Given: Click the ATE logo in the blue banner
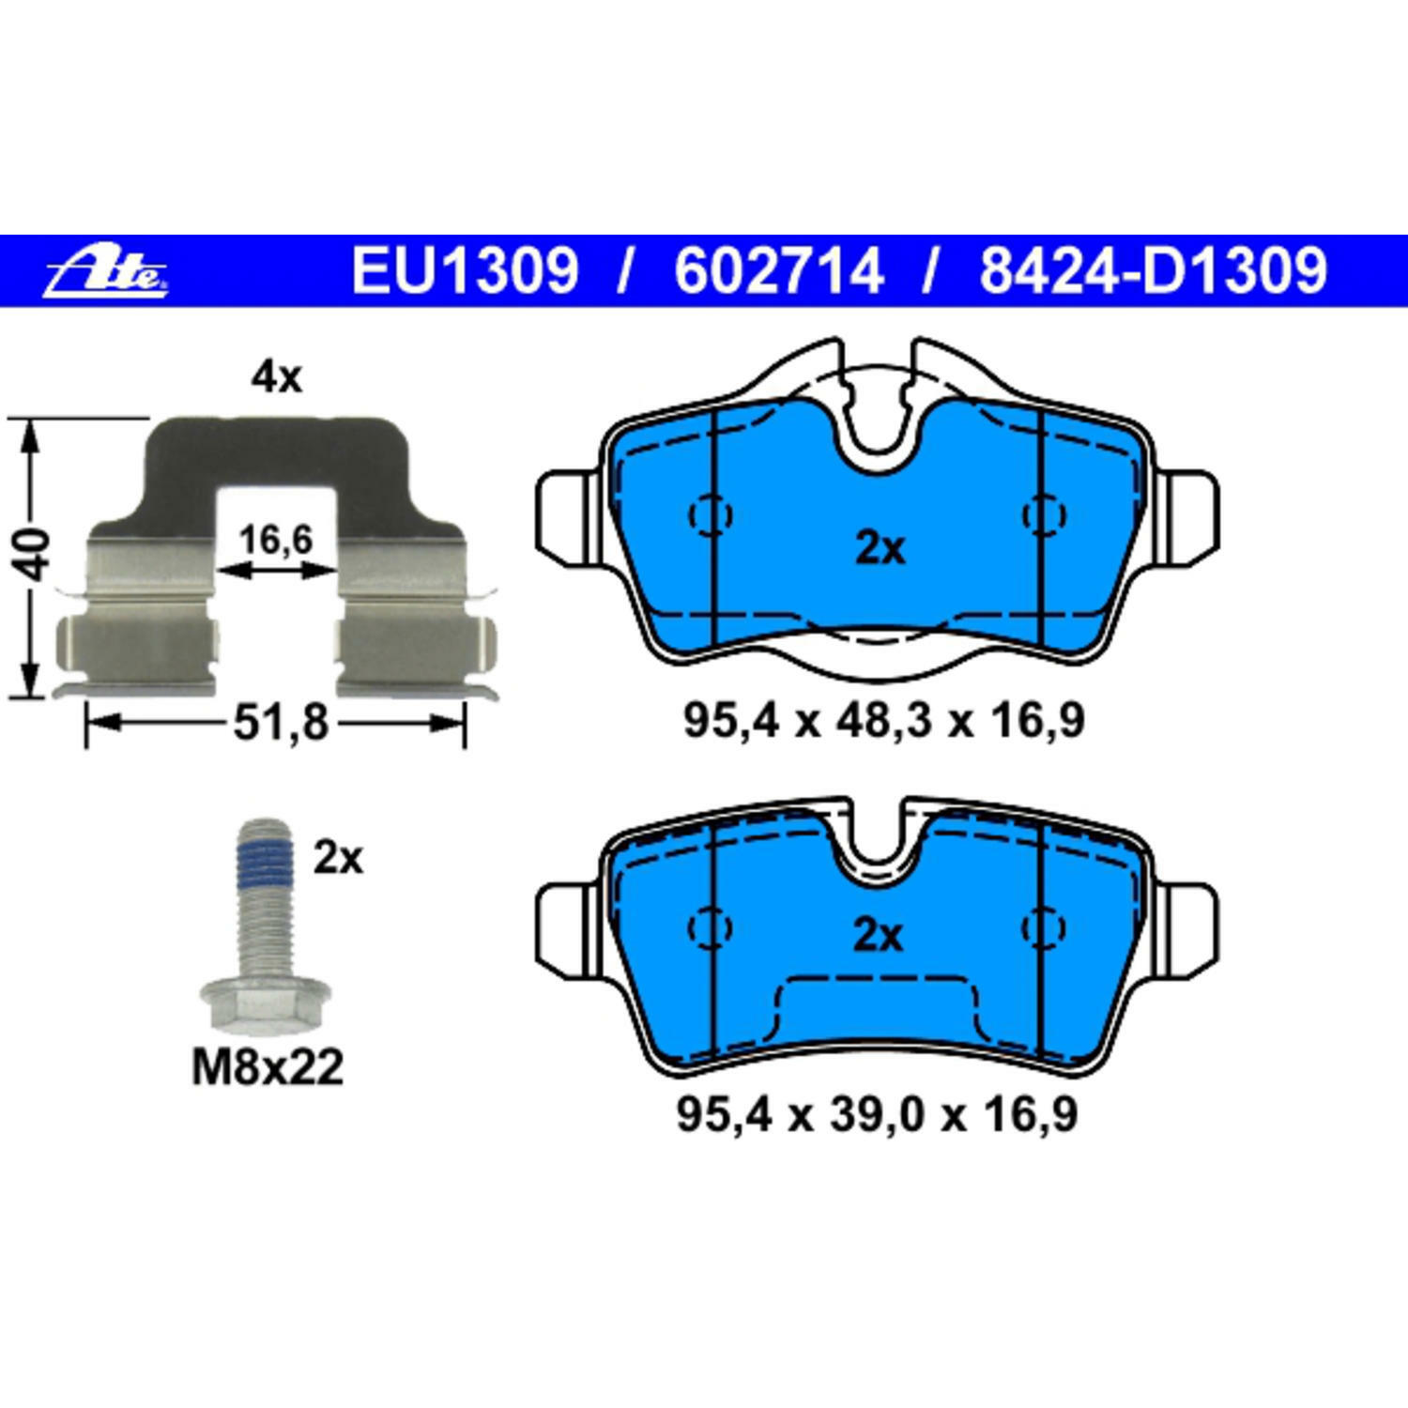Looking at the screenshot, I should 107,272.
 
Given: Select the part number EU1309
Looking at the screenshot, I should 465,271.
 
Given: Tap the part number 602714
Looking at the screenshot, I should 778,271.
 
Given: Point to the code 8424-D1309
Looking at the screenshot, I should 1153,271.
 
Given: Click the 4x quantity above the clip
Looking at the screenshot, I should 276,378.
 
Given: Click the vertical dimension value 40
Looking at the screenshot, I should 36,556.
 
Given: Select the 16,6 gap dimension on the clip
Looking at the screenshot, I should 275,540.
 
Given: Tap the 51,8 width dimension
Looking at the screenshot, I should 281,723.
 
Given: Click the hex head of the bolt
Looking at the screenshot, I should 266,1001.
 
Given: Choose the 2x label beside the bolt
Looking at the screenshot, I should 338,858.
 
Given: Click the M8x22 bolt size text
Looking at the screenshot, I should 268,1067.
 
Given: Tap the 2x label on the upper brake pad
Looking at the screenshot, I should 880,548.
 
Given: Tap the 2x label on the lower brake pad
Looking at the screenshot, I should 878,936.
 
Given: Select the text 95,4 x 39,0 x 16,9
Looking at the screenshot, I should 877,1115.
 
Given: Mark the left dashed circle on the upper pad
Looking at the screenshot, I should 711,514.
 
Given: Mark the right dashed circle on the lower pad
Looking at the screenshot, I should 1043,927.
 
